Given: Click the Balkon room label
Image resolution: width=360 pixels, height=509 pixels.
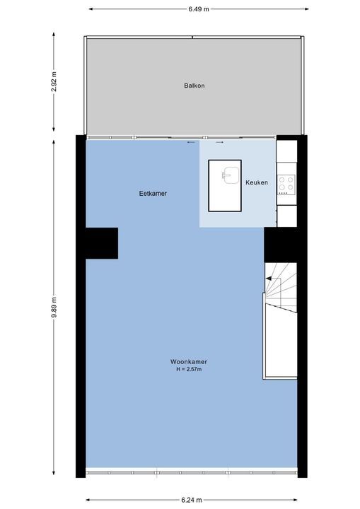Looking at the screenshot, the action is (x=194, y=86).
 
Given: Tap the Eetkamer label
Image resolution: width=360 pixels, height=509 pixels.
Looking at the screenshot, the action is (x=153, y=194).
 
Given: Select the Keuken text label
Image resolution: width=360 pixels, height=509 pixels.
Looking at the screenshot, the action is (x=257, y=182).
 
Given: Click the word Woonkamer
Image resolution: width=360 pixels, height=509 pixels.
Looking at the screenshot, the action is (x=189, y=362).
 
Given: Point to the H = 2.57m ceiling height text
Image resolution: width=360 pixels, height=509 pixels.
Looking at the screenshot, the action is (x=189, y=369).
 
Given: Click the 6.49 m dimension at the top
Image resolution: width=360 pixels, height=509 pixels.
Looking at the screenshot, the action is (x=199, y=9).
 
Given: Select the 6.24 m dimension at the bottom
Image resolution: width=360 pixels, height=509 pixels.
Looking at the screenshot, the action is (x=192, y=500).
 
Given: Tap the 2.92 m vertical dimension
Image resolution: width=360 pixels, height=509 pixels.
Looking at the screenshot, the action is (x=54, y=81).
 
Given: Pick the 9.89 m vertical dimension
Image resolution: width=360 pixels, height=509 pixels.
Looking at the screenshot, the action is (x=54, y=307).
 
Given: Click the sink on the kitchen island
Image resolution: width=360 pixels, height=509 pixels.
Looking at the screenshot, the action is (x=231, y=175).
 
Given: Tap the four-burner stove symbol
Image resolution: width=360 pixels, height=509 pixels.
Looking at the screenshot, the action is (x=286, y=185).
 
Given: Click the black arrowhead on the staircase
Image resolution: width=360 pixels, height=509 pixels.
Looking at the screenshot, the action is (x=268, y=279).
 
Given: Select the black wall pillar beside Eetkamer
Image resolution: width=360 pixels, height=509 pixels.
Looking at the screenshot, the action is (x=102, y=243).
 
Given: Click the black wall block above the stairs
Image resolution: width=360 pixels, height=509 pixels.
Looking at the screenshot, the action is (x=281, y=245).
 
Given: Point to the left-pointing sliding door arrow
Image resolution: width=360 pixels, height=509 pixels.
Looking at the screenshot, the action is (x=191, y=142).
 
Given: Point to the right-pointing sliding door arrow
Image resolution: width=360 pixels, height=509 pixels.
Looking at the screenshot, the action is (x=220, y=142).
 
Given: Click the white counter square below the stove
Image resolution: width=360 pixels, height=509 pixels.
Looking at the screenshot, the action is (x=287, y=216).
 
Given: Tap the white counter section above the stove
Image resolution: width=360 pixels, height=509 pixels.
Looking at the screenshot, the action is (x=286, y=151).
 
